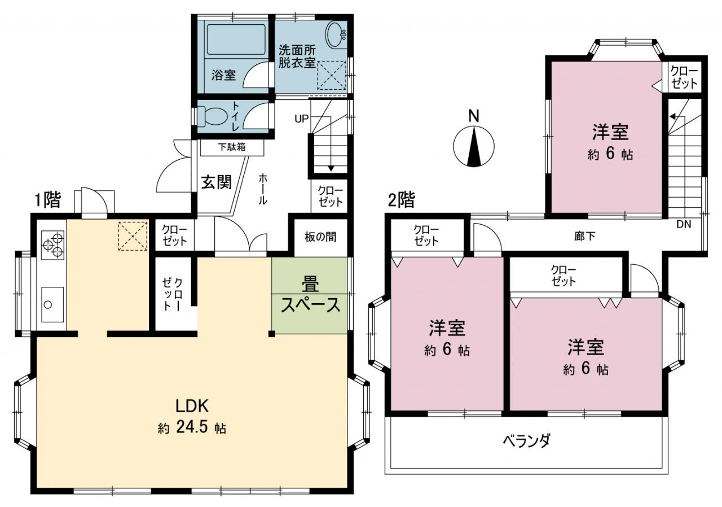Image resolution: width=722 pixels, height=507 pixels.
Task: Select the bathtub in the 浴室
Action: (x=236, y=40)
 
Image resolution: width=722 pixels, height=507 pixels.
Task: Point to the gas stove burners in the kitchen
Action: (x=53, y=245)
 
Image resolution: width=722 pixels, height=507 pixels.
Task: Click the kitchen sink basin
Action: (x=52, y=304)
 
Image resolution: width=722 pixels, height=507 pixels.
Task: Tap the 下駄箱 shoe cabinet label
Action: (x=232, y=147)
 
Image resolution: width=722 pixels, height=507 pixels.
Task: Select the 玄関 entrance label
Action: (x=217, y=182)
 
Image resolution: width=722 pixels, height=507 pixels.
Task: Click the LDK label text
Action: (x=192, y=406)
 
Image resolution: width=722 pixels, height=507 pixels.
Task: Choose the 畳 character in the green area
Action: (x=310, y=284)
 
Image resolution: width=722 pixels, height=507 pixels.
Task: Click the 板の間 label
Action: (x=320, y=237)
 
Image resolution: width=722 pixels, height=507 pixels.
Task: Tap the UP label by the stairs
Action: (x=301, y=119)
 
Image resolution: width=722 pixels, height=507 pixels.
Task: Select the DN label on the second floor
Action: (x=684, y=225)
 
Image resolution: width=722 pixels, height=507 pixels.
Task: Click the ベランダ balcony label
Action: (x=527, y=440)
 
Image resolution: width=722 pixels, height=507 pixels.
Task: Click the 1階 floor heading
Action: (x=48, y=200)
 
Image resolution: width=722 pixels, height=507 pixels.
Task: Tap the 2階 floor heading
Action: (x=401, y=200)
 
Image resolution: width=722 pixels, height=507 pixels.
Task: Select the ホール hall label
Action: (x=263, y=189)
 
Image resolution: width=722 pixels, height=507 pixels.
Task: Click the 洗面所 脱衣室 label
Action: (x=297, y=57)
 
